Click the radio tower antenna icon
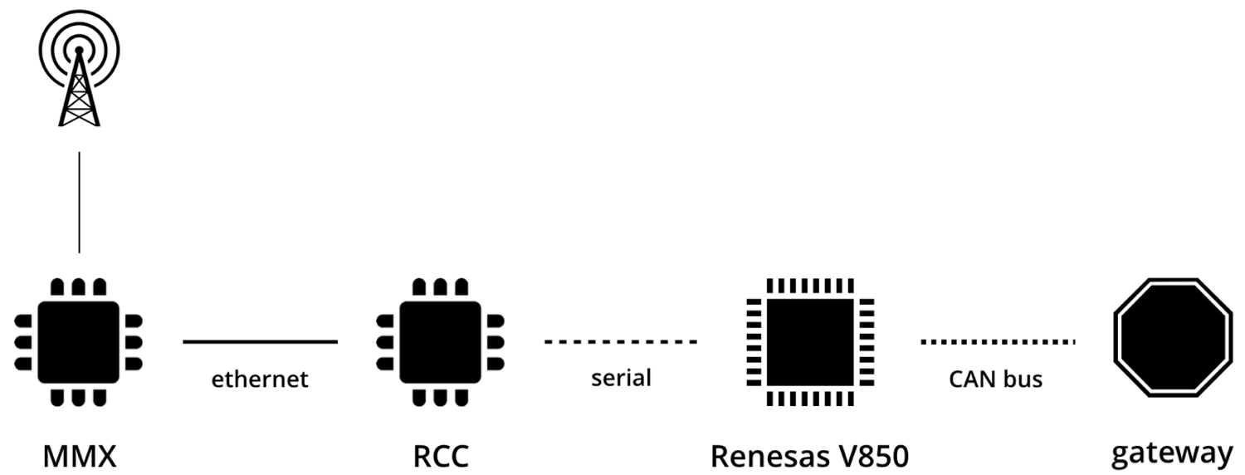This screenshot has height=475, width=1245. click(x=79, y=79)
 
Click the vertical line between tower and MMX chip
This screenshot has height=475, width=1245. click(x=79, y=202)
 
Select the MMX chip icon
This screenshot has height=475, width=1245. click(x=79, y=341)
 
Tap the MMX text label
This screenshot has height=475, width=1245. click(x=80, y=456)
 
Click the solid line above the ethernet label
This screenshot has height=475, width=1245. click(x=260, y=341)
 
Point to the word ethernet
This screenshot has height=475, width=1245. click(x=260, y=380)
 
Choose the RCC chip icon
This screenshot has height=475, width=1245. click(x=440, y=341)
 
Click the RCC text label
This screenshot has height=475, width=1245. click(x=440, y=456)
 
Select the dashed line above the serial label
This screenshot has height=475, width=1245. click(x=621, y=341)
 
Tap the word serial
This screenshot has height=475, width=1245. click(x=621, y=378)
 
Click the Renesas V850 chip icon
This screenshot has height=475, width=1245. click(x=809, y=341)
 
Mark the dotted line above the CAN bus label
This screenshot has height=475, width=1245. click(x=998, y=341)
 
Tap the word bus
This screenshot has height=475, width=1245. click(x=1023, y=380)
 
